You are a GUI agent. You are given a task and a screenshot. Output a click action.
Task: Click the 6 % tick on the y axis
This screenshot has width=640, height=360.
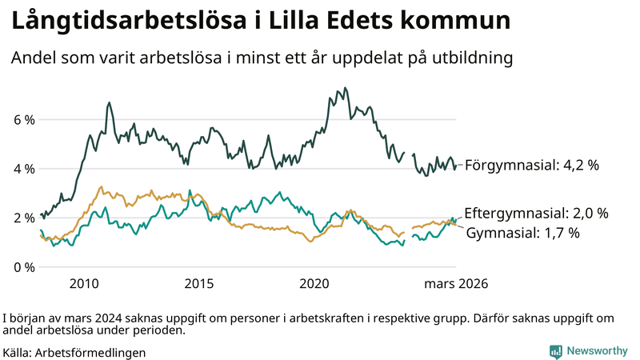click(24, 120)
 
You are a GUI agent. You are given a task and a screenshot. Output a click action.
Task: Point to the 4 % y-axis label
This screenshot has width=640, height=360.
click(24, 169)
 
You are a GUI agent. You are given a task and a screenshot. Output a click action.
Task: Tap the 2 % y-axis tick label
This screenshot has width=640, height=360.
click(24, 218)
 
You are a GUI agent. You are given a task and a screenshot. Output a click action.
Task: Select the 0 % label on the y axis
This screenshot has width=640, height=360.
click(24, 266)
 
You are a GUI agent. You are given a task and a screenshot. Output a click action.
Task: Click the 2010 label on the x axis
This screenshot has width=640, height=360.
click(84, 283)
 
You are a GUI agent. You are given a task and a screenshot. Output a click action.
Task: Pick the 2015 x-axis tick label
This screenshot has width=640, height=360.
click(198, 283)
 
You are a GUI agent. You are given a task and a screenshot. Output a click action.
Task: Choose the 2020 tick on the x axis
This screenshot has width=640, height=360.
click(314, 283)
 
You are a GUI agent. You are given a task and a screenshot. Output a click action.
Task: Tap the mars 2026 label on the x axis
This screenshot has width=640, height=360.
click(456, 283)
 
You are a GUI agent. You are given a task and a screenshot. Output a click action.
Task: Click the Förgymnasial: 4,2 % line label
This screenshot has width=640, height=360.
click(532, 166)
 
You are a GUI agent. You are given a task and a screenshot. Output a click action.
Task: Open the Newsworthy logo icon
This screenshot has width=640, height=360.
click(555, 351)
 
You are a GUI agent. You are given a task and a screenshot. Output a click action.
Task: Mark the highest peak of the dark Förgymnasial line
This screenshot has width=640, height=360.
click(345, 88)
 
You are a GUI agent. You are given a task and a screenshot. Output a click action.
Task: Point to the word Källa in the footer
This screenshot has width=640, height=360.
click(18, 352)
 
